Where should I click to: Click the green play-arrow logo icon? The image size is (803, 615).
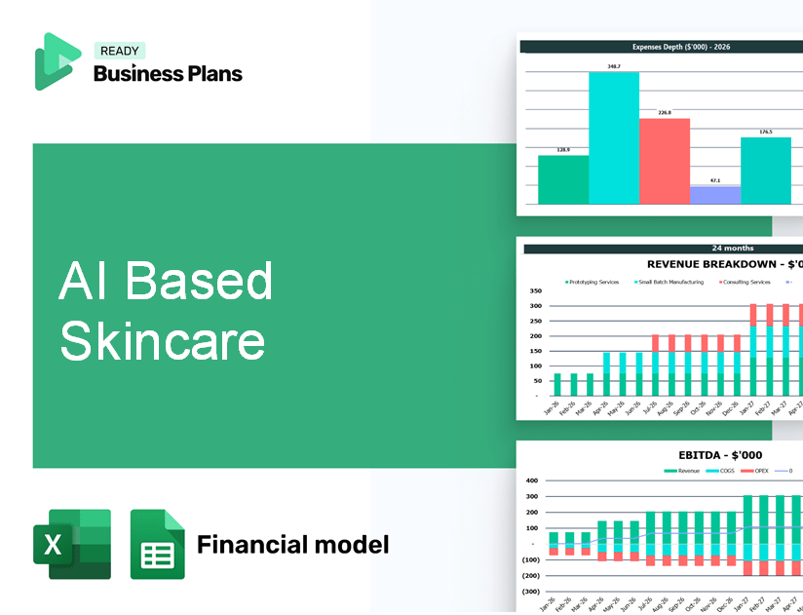coord(57,61)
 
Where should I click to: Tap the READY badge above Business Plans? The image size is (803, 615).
coord(119,51)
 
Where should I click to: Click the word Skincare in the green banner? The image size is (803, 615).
coord(162,340)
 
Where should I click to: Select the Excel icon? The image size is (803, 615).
coord(72,545)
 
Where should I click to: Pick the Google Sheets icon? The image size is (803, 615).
coord(157,545)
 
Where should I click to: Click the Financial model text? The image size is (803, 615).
coord(292,544)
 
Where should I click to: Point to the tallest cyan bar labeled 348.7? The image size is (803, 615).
coord(613,137)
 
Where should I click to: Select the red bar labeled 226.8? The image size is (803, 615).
coord(664,161)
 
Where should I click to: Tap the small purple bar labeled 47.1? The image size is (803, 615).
coord(714,195)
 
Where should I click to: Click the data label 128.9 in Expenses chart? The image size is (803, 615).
coord(562,149)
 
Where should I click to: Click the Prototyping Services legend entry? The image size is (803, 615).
coord(593,282)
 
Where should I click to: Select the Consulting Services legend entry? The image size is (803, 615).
coord(746,282)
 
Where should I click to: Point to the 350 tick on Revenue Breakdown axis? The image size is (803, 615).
coord(534,290)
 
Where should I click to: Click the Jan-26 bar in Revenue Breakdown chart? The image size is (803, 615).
coord(557,384)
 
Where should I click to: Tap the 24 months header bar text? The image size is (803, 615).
coord(732,249)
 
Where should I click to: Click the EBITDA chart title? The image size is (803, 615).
coord(720,454)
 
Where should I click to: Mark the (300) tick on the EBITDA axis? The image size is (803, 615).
coord(531,591)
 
